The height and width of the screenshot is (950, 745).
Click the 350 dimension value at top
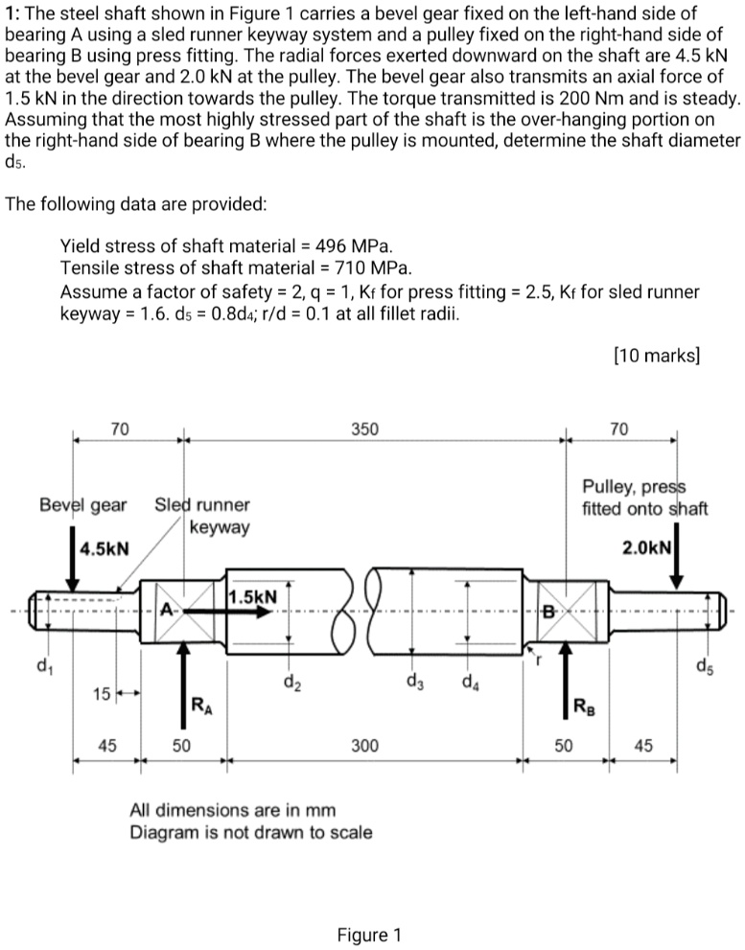coord(364,429)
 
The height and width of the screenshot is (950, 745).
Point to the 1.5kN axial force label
coord(253,596)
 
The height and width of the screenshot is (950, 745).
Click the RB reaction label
coord(582,708)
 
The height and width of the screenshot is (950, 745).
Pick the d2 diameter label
coord(291,684)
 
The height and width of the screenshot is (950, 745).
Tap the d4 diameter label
coord(469,684)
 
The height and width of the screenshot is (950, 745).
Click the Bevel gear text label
coord(82,504)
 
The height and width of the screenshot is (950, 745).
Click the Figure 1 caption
coord(369,935)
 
